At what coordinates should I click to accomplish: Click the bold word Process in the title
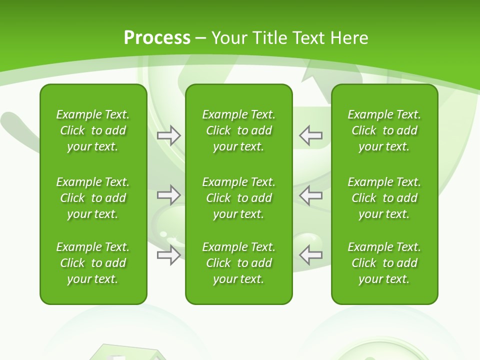157,38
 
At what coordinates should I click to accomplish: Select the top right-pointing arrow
169,135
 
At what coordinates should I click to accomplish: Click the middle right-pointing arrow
169,195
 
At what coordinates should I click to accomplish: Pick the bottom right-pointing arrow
169,255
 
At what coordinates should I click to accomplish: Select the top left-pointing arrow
310,135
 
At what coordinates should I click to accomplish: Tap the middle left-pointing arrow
310,195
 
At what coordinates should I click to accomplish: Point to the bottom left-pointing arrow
310,254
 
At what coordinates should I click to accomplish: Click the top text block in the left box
93,130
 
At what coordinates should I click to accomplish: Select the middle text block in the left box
93,198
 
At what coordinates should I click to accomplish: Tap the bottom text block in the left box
93,263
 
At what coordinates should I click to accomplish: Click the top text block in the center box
238,130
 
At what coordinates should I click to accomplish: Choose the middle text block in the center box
238,198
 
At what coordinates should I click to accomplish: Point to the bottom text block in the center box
238,263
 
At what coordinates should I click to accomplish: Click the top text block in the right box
384,130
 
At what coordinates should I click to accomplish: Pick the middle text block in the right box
384,198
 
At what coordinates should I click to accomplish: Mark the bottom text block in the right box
384,263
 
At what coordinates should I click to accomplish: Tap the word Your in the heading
228,38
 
